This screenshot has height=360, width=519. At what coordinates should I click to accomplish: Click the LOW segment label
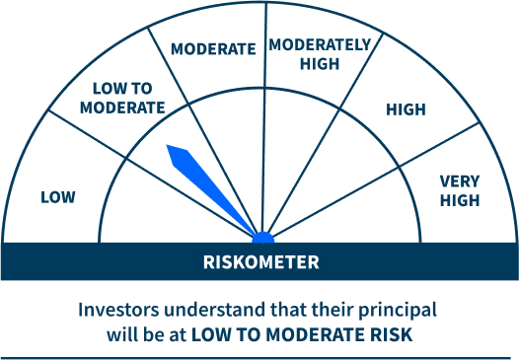pos(57,197)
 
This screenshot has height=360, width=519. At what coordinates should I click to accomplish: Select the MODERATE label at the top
pos(213,48)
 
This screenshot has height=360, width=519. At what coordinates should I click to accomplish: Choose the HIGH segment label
pos(405,110)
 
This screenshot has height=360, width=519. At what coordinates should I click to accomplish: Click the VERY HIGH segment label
pos(460,191)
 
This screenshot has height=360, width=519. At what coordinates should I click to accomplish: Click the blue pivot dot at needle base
pos(262,238)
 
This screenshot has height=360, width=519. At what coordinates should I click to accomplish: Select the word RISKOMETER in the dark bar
pos(261,262)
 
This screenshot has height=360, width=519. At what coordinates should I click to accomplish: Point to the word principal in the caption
pos(399,309)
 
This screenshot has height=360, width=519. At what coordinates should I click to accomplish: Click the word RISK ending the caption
pos(393,334)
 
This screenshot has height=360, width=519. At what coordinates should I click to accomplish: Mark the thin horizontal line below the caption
pos(259,356)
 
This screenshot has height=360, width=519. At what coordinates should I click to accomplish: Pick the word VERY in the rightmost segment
pos(460,181)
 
